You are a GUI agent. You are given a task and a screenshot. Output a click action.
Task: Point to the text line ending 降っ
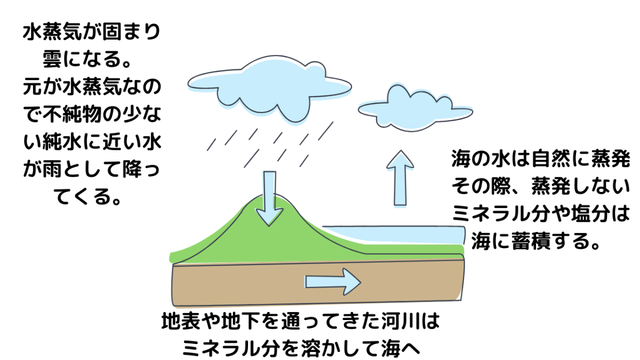pos(91,171)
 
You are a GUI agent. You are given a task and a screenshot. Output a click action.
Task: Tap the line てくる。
pos(91,198)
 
